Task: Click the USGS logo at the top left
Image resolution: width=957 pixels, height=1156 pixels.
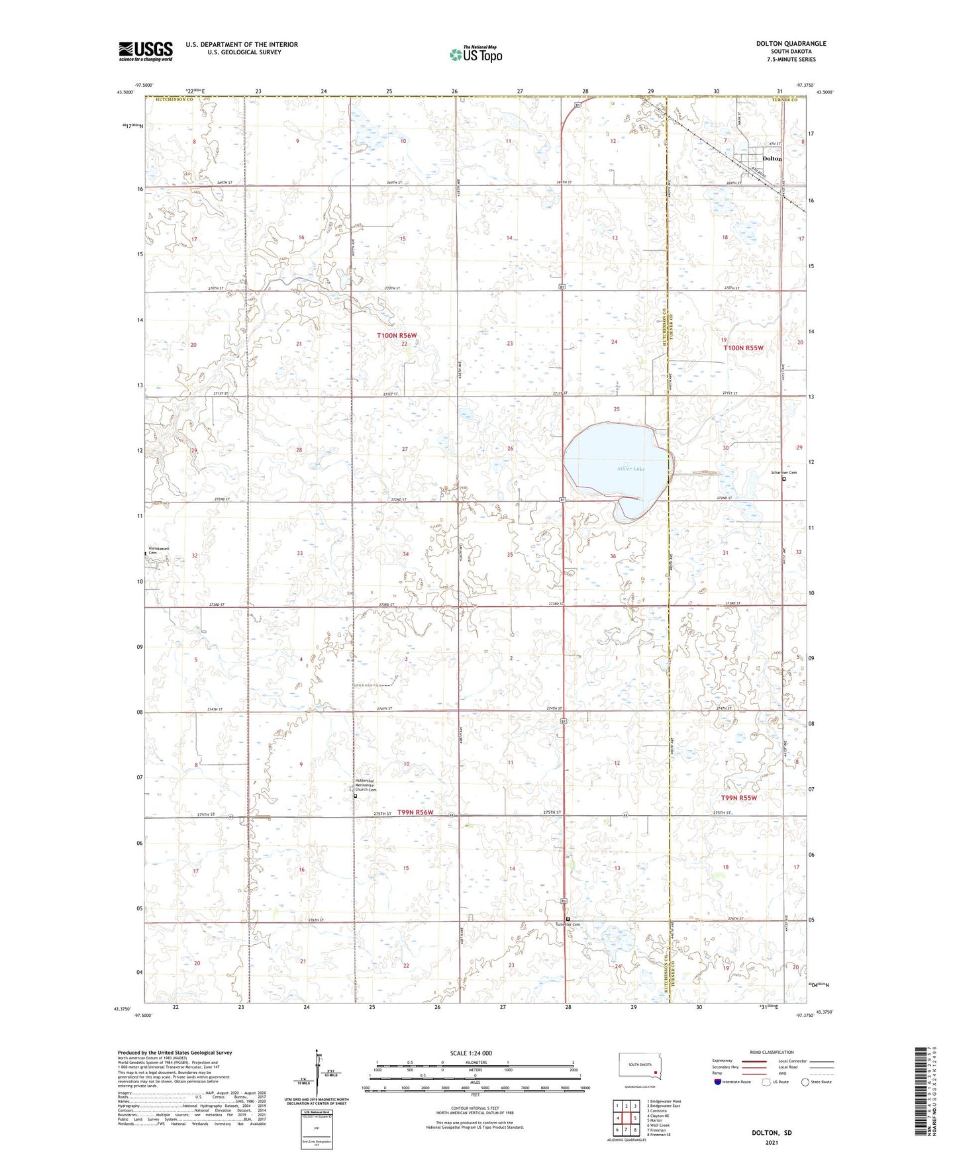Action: click(145, 51)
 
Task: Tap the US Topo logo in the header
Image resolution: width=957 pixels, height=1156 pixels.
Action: click(476, 54)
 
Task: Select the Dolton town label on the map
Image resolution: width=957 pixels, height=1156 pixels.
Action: click(772, 159)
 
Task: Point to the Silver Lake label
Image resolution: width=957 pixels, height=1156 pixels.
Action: click(630, 469)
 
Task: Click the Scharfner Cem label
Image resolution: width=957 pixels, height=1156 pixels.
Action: click(783, 473)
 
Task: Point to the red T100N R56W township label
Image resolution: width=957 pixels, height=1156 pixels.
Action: click(397, 336)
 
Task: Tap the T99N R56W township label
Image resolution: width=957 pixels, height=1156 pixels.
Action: click(415, 812)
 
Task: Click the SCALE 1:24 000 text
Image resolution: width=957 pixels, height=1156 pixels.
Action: click(471, 1053)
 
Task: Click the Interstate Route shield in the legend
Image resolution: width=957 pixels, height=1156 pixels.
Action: click(718, 1082)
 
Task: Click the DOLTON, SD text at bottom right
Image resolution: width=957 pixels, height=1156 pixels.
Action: click(772, 1132)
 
